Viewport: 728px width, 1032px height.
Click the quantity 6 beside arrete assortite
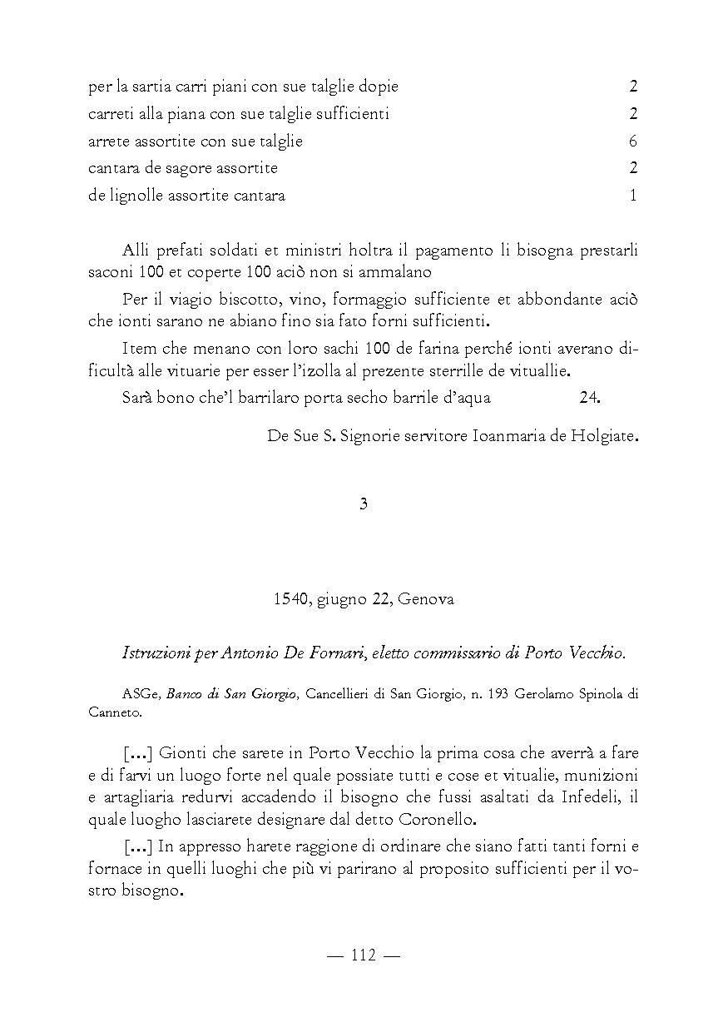pyautogui.click(x=633, y=141)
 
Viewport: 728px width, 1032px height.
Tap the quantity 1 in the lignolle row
pyautogui.click(x=633, y=196)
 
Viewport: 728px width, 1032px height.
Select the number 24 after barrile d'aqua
pyautogui.click(x=589, y=397)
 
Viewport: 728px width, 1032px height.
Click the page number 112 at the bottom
pyautogui.click(x=364, y=955)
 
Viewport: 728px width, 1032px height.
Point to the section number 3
pyautogui.click(x=364, y=504)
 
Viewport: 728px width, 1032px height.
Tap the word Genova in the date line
pyautogui.click(x=427, y=599)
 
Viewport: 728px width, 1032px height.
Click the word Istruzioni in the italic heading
pyautogui.click(x=155, y=653)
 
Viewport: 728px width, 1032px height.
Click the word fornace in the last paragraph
pyautogui.click(x=114, y=869)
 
